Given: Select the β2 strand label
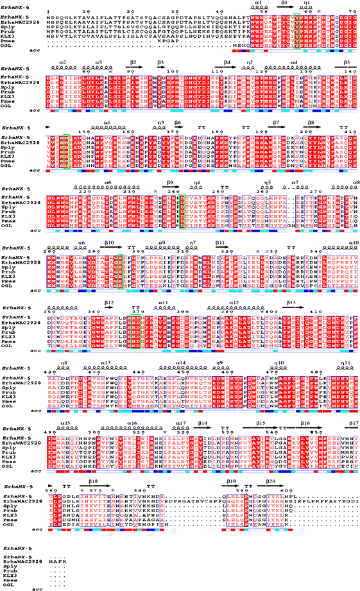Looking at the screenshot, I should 133,62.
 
